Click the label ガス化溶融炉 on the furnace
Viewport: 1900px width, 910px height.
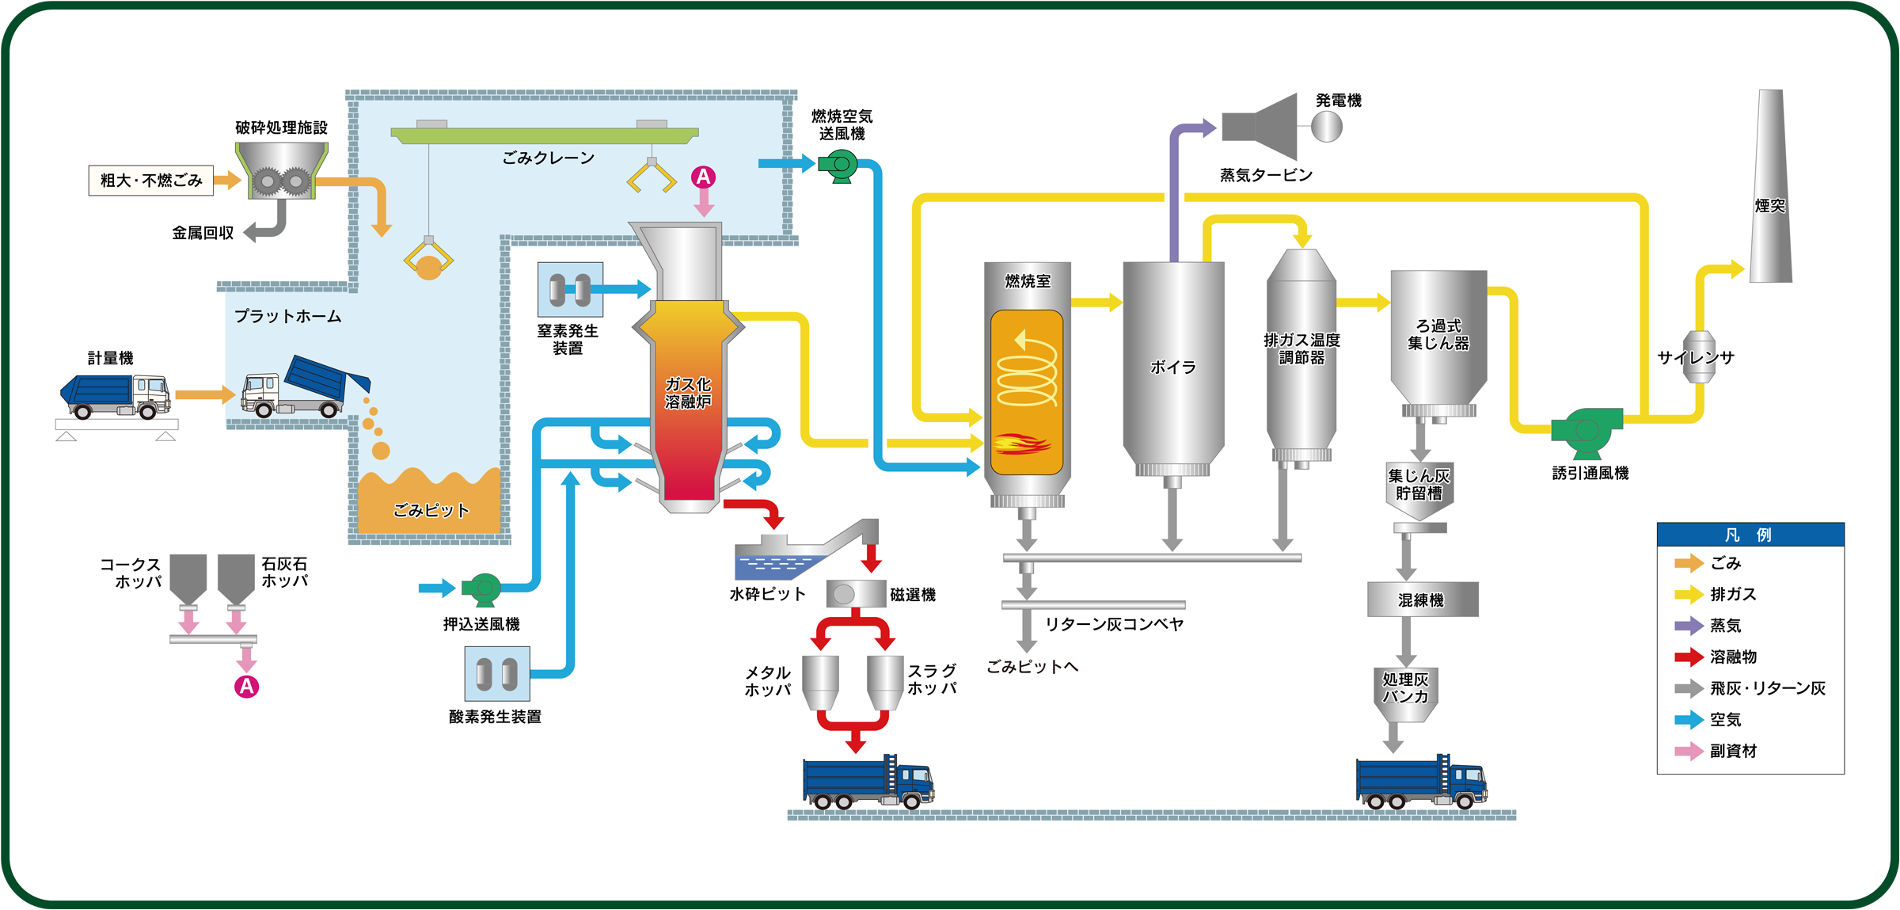tap(688, 394)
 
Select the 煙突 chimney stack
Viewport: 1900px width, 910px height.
tap(1771, 190)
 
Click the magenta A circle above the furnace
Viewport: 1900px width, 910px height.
tap(703, 177)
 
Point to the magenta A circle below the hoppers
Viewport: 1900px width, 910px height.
tap(246, 687)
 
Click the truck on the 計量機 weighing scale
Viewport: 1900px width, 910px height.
tap(116, 395)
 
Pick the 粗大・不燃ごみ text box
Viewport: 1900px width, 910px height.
tap(150, 181)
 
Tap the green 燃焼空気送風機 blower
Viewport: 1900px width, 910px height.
tap(838, 166)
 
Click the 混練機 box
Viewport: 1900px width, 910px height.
tap(1422, 600)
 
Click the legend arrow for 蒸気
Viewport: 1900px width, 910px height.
tap(1689, 626)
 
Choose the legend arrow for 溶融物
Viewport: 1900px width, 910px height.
tap(1689, 657)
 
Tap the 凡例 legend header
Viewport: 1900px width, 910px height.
tap(1750, 535)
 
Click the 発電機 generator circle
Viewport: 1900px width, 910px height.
tap(1327, 127)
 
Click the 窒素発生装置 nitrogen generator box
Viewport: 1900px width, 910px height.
tap(570, 290)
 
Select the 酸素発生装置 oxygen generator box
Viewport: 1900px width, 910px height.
tap(497, 674)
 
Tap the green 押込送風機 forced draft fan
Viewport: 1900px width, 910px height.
tap(482, 588)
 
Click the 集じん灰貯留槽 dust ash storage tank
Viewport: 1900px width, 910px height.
tap(1419, 489)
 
